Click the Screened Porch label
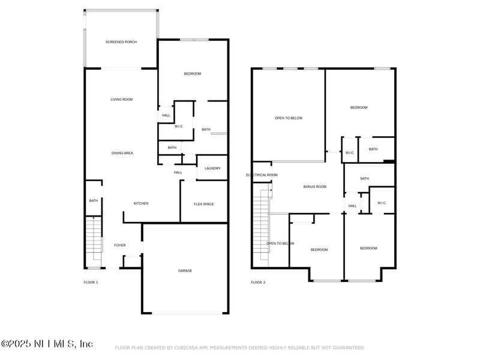(121, 42)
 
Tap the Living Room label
(121, 99)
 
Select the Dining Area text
(122, 153)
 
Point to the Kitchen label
(141, 203)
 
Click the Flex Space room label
(204, 204)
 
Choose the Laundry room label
(212, 168)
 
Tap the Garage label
(185, 271)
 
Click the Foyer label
(120, 245)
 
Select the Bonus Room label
(314, 187)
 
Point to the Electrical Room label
(262, 175)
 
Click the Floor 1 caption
(91, 282)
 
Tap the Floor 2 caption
(258, 282)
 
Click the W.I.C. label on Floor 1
(179, 126)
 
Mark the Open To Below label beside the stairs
(280, 243)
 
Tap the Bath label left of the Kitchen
(94, 200)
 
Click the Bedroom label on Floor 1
(193, 73)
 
